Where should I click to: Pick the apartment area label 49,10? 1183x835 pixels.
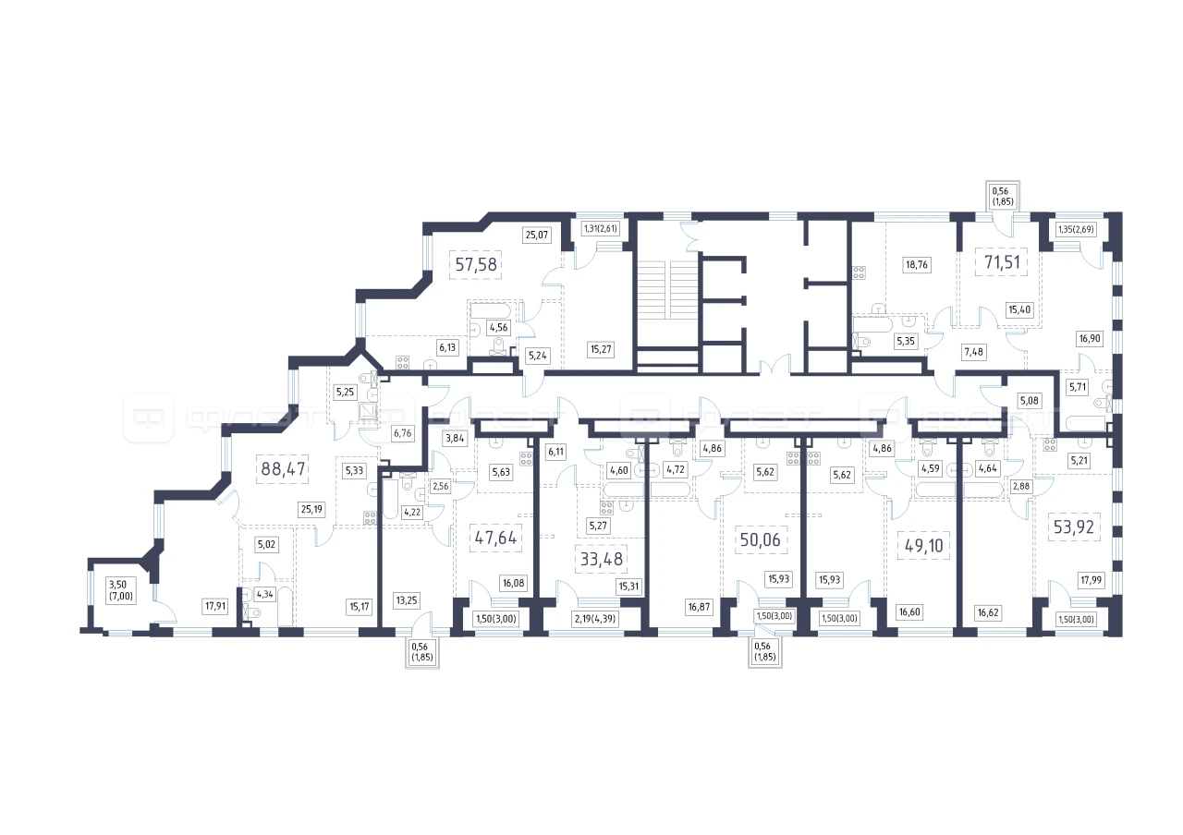pos(921,545)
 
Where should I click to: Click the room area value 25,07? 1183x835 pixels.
pos(536,235)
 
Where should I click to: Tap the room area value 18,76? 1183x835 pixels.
pos(917,263)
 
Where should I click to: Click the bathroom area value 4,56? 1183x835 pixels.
pos(497,326)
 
